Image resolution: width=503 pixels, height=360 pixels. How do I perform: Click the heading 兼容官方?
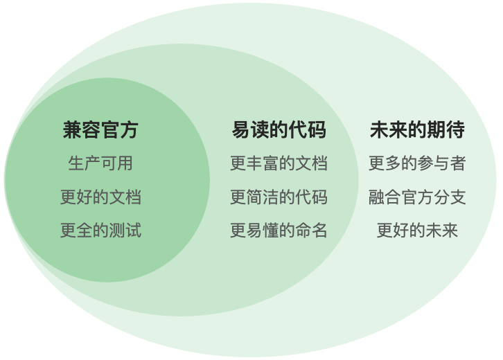(x=100, y=129)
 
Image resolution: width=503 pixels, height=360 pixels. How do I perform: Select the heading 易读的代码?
(x=279, y=129)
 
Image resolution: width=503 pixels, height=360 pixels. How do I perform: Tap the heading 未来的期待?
(x=417, y=129)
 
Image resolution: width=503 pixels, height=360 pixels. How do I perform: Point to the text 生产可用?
(x=100, y=163)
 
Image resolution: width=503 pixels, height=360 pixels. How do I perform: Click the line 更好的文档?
(x=100, y=197)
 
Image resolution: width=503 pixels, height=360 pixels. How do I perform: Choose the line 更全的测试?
(x=100, y=230)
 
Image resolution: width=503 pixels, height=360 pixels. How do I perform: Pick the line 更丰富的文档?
(x=279, y=163)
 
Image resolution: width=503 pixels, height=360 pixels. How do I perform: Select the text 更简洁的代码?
(x=279, y=197)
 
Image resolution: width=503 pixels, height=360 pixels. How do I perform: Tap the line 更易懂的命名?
(x=279, y=230)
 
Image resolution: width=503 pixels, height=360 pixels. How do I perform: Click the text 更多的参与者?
(x=417, y=163)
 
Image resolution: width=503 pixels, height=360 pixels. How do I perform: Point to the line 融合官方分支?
(x=417, y=197)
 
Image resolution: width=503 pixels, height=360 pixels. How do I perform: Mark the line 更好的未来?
(x=417, y=230)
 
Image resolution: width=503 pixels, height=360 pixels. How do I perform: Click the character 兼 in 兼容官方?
(x=72, y=129)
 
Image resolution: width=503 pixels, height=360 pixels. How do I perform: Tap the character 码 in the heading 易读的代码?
(x=317, y=129)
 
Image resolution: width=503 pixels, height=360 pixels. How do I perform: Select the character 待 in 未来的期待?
(x=455, y=129)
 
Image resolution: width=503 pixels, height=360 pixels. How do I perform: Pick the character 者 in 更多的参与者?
(x=458, y=163)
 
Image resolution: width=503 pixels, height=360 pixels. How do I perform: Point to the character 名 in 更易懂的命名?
(x=319, y=230)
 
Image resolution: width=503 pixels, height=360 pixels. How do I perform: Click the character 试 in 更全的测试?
(x=133, y=230)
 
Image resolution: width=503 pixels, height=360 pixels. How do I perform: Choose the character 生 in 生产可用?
(x=76, y=163)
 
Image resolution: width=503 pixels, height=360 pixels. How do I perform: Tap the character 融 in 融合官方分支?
(x=377, y=197)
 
